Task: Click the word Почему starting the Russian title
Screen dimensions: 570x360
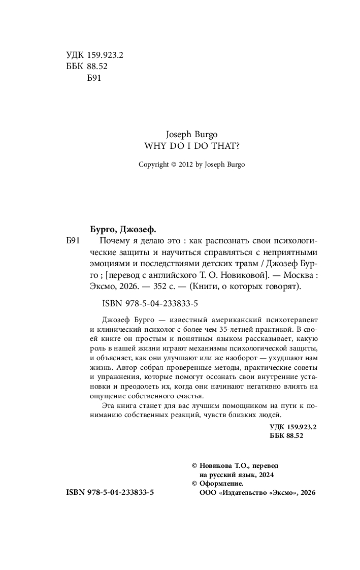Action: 116,240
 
